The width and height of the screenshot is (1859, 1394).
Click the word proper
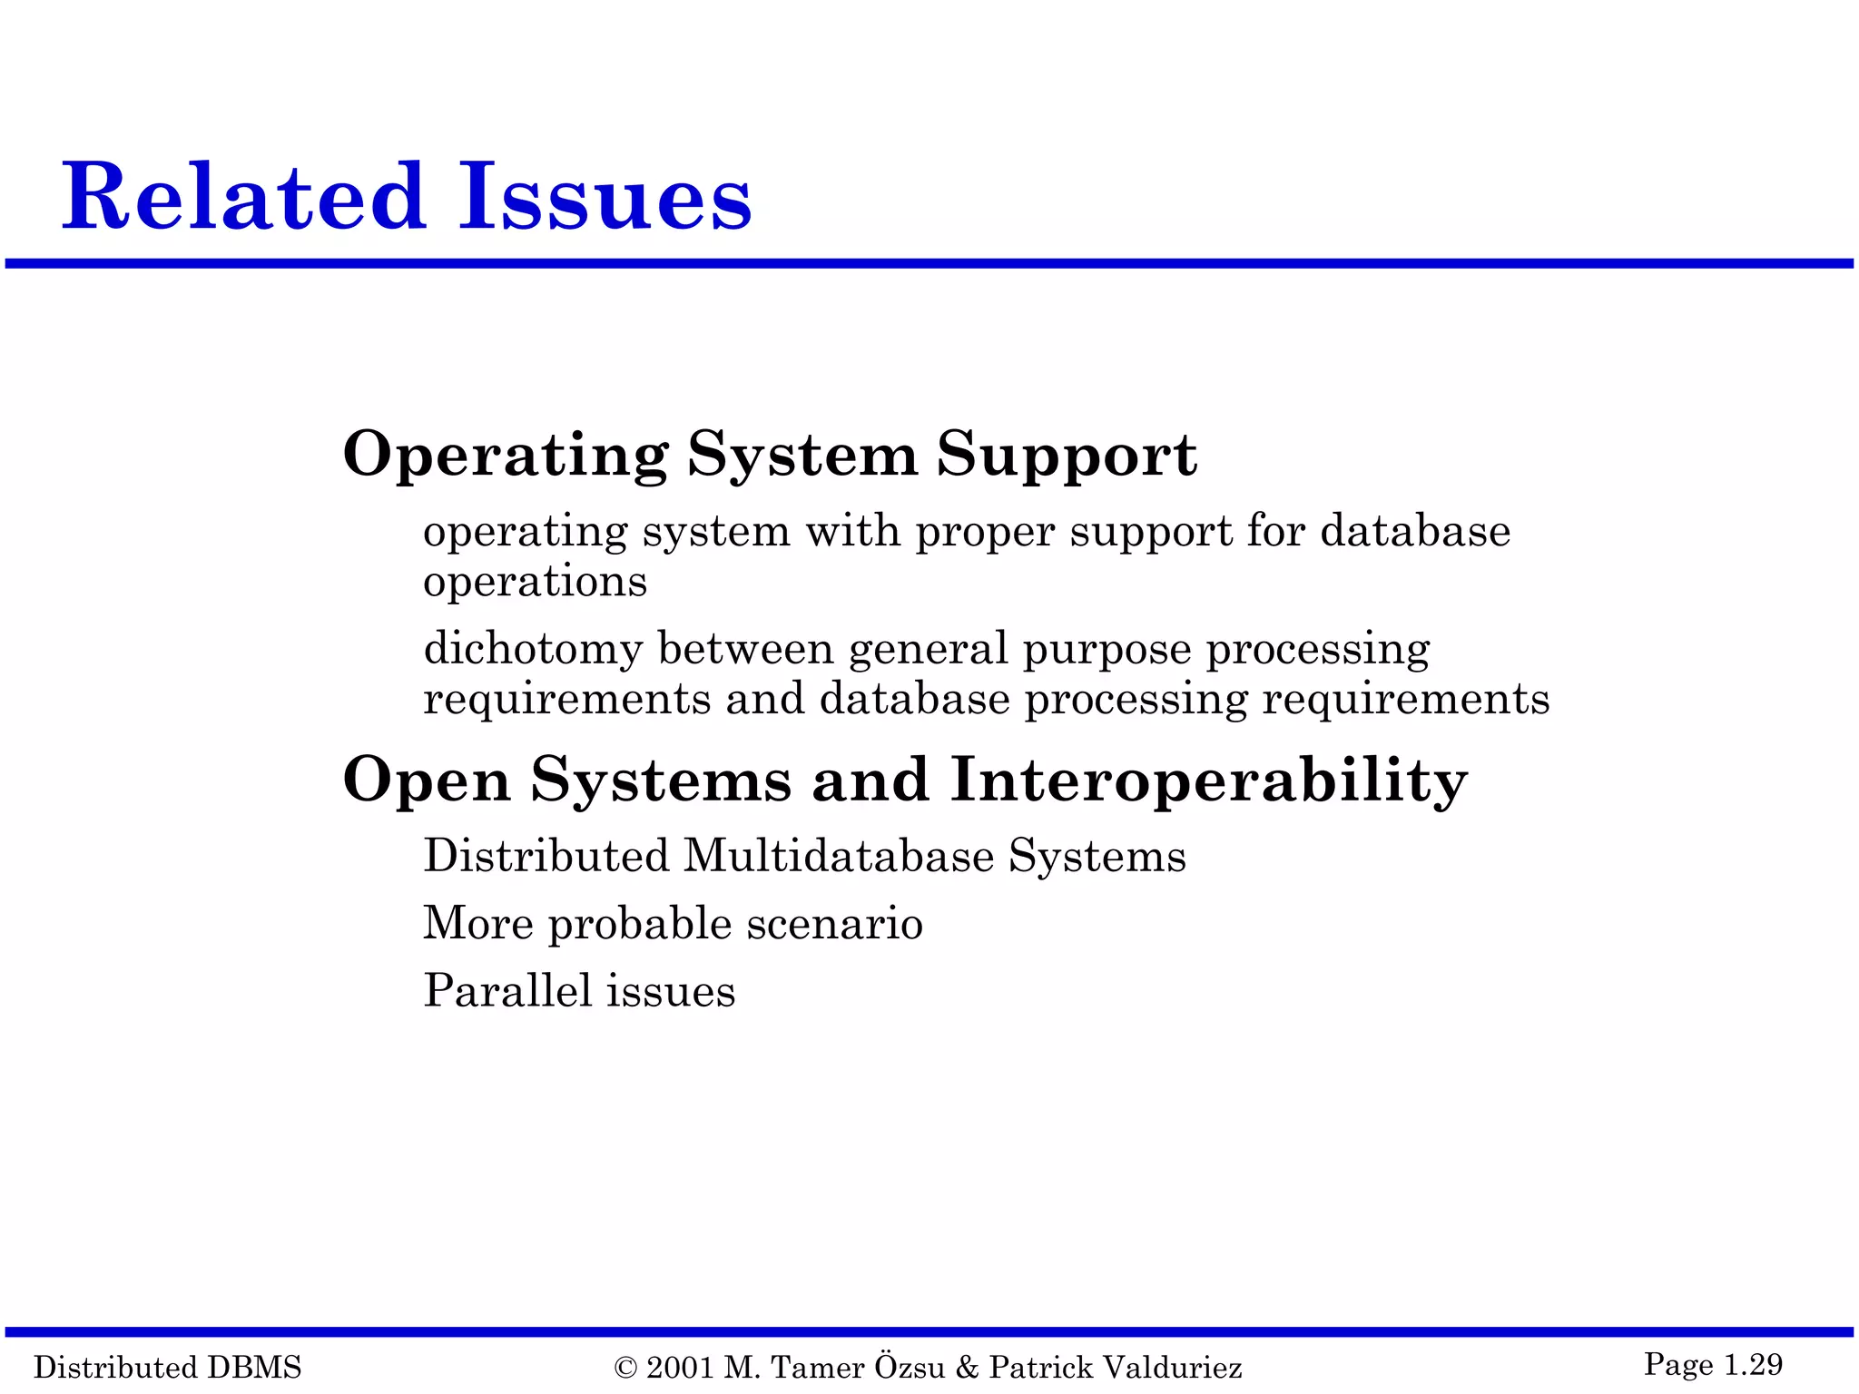click(985, 534)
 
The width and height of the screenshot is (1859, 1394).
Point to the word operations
click(536, 584)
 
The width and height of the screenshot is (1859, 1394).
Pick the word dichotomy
click(533, 650)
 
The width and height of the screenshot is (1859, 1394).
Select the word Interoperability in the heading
click(1209, 780)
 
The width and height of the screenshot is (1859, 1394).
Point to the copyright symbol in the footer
click(625, 1367)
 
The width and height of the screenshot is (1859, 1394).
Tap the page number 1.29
click(1753, 1364)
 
